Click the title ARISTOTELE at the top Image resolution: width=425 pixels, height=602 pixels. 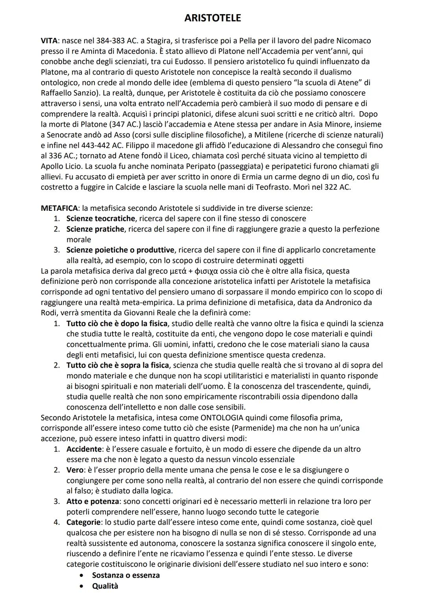(x=213, y=18)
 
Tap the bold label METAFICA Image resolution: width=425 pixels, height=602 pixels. (x=59, y=208)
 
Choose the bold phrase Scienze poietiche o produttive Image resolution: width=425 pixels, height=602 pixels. (x=120, y=250)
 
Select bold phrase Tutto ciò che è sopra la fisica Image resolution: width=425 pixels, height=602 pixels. (x=117, y=365)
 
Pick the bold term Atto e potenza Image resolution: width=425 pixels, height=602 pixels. (x=92, y=501)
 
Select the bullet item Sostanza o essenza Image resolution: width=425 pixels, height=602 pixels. (x=126, y=575)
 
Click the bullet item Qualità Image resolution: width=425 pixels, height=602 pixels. (x=105, y=586)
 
